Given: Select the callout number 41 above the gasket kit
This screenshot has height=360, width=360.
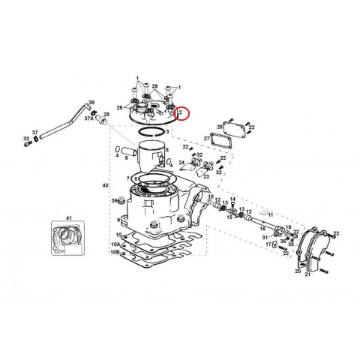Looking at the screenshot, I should click(67, 218).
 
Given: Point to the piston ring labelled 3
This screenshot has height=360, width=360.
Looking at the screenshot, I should click(153, 132).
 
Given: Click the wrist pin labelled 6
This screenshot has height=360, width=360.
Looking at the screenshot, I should click(125, 154).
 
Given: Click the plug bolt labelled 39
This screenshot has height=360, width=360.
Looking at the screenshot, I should click(118, 201).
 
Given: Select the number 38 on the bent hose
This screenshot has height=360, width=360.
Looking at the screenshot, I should click(91, 102).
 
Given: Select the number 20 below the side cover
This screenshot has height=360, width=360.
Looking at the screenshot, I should click(298, 273).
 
